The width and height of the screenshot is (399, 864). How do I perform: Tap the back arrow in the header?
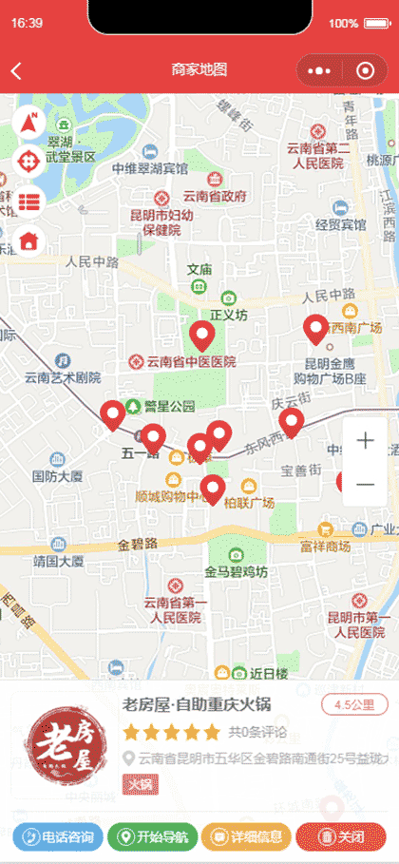pos(16,70)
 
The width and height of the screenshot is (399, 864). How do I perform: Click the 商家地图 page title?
pos(199,69)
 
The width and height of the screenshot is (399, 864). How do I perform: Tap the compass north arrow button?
pos(29,123)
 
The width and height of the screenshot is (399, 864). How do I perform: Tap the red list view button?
pos(29,201)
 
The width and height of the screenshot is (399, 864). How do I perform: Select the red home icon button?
pos(29,240)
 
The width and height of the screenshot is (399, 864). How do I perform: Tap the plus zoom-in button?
pos(365,441)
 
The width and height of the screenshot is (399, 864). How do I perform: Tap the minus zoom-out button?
pos(365,485)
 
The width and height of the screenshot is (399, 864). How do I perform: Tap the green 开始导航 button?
pos(152,837)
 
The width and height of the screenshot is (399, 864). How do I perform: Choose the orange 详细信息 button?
pos(246,837)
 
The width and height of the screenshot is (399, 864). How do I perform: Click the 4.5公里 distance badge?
pos(355,704)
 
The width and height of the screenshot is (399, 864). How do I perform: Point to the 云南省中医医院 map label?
pos(182,362)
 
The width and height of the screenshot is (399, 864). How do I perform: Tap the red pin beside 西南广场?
pos(316,329)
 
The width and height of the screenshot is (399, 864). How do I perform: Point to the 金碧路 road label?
pos(138,545)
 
